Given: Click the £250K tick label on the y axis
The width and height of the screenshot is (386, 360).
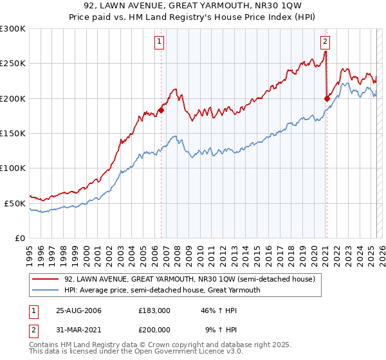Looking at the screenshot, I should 12,64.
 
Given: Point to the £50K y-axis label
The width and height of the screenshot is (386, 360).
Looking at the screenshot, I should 15,203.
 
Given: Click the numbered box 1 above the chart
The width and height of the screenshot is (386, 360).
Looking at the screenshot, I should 159,42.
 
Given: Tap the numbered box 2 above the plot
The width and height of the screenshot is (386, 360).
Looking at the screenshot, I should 325,42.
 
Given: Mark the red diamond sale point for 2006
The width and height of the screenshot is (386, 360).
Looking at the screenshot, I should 161,110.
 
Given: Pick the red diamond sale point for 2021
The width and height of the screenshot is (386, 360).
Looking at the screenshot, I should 327,98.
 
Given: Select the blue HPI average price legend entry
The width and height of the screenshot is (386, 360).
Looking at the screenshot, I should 180,290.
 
